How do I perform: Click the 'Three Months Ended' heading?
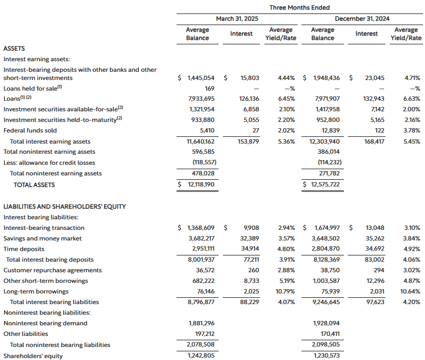(x=299, y=8)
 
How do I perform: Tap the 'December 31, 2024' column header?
(x=362, y=19)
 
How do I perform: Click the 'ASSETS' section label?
(x=14, y=49)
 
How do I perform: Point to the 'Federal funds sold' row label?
(x=30, y=131)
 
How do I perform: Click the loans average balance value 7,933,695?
(x=196, y=99)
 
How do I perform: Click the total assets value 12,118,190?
(x=196, y=185)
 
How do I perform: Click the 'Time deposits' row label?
(x=24, y=249)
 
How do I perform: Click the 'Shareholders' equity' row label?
(x=33, y=356)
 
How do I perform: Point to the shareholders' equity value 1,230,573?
(x=323, y=356)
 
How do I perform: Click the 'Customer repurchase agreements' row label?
(x=53, y=270)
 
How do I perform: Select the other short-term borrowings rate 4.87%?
(x=411, y=281)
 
